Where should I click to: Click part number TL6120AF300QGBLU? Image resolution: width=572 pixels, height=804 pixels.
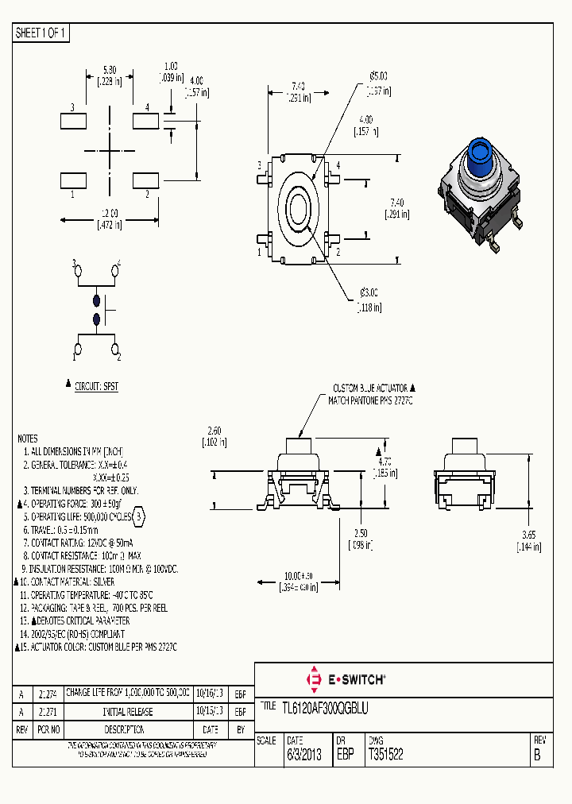pyautogui.click(x=314, y=706)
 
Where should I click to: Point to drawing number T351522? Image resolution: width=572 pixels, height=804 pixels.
pyautogui.click(x=385, y=756)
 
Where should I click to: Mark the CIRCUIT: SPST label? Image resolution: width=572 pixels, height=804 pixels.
pyautogui.click(x=96, y=386)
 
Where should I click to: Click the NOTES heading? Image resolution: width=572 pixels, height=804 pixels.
pyautogui.click(x=27, y=439)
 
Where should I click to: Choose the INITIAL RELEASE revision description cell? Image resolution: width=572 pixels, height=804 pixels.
pyautogui.click(x=128, y=711)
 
